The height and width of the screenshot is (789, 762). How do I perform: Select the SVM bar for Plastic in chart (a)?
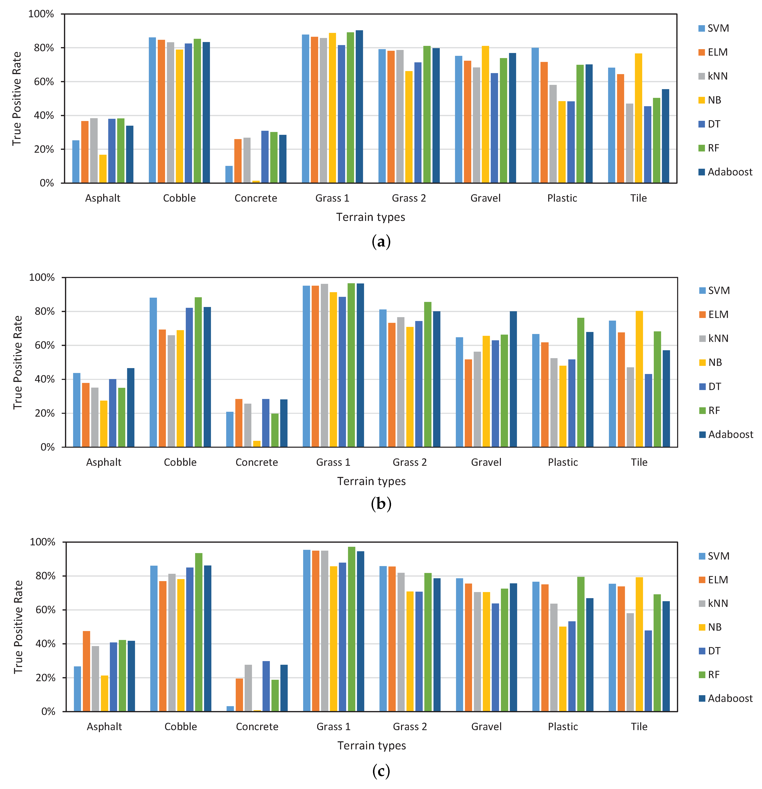(535, 116)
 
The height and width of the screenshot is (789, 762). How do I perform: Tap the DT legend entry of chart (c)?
(710, 651)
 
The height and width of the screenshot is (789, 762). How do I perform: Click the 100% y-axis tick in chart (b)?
(42, 277)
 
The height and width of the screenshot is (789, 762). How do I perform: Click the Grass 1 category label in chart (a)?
(332, 198)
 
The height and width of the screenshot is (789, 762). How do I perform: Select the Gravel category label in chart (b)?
(486, 462)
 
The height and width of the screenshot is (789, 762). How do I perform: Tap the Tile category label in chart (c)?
(639, 727)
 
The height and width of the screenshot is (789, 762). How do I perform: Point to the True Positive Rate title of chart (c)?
(18, 627)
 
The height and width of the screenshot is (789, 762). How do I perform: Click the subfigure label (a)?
(381, 242)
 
